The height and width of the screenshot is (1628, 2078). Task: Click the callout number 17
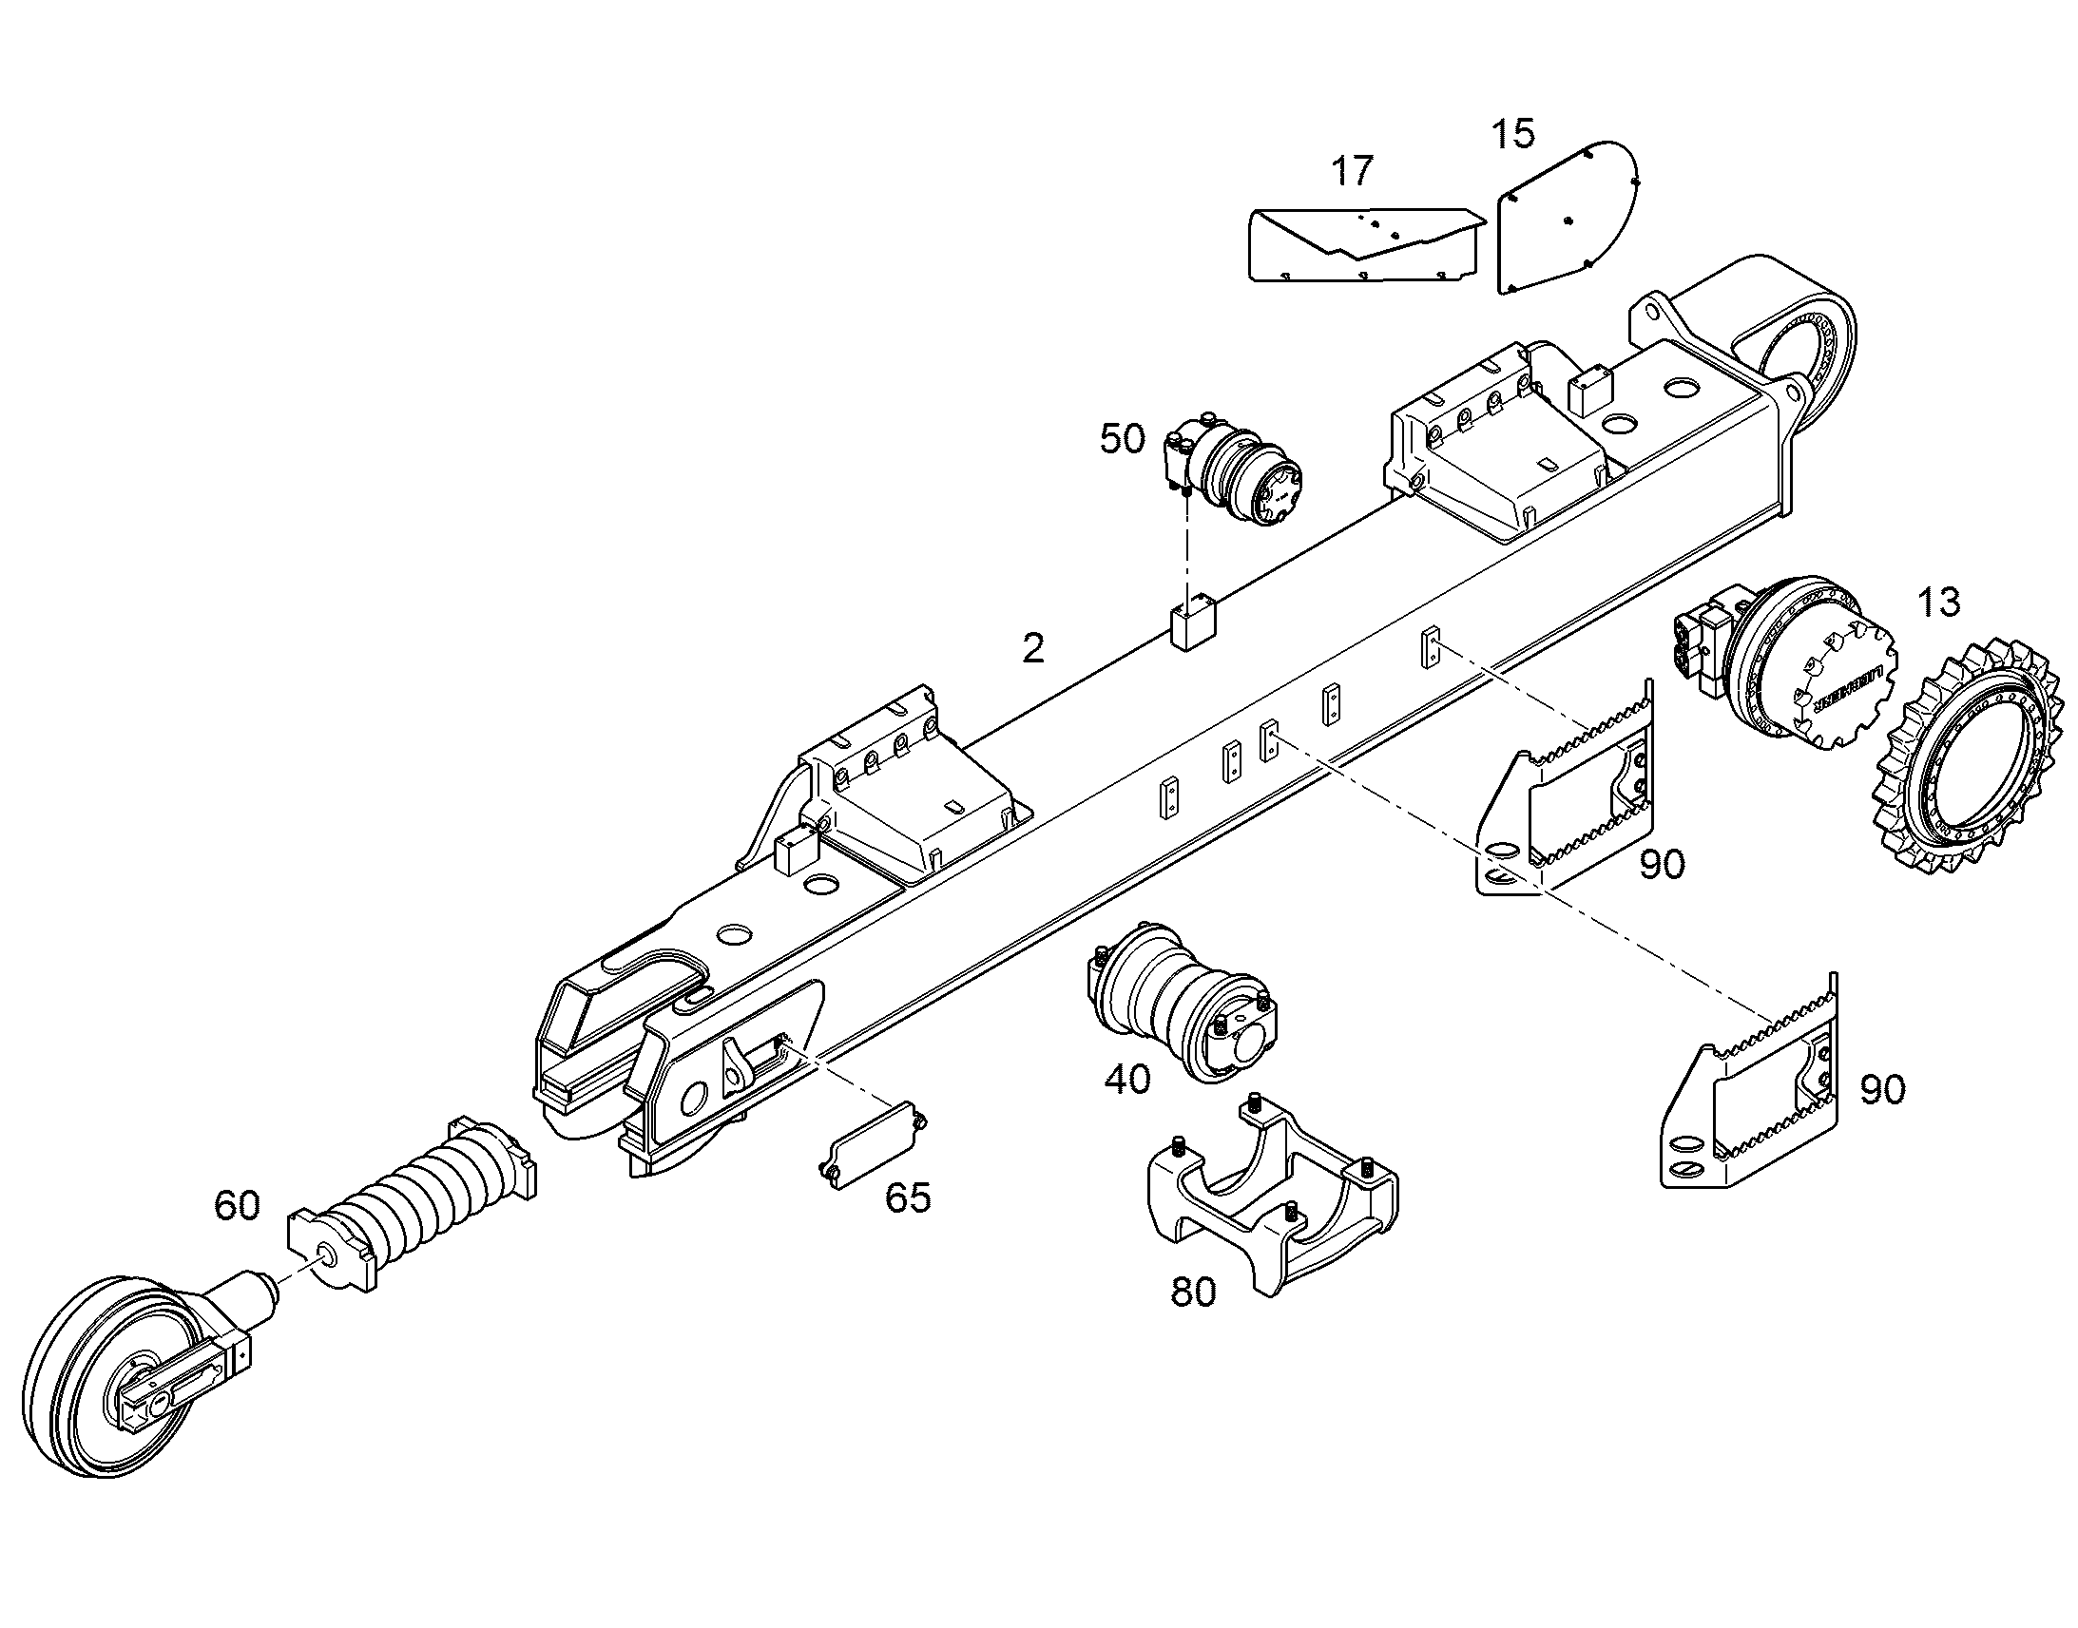tap(1352, 172)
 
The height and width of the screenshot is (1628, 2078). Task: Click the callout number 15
tap(1512, 133)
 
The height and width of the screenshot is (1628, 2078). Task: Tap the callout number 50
tap(1122, 439)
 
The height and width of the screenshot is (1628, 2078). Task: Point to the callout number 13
tap(1938, 602)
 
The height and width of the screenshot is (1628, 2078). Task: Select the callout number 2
tap(1033, 649)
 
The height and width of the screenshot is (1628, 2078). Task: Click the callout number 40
tap(1127, 1080)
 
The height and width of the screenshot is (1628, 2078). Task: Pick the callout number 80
tap(1193, 1293)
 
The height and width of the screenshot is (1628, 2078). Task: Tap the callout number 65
tap(908, 1198)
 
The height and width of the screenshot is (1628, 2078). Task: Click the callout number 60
tap(237, 1206)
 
